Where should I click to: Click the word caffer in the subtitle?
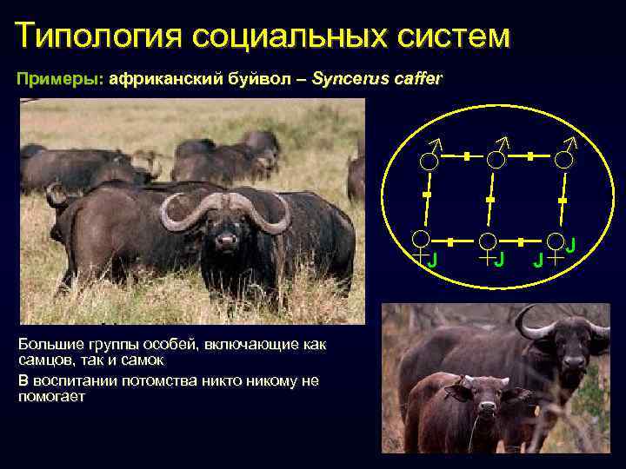(x=414, y=79)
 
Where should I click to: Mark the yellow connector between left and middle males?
(x=467, y=156)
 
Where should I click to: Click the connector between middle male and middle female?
(x=490, y=200)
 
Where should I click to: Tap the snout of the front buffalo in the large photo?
(x=227, y=239)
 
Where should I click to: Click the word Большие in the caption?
(x=49, y=344)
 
